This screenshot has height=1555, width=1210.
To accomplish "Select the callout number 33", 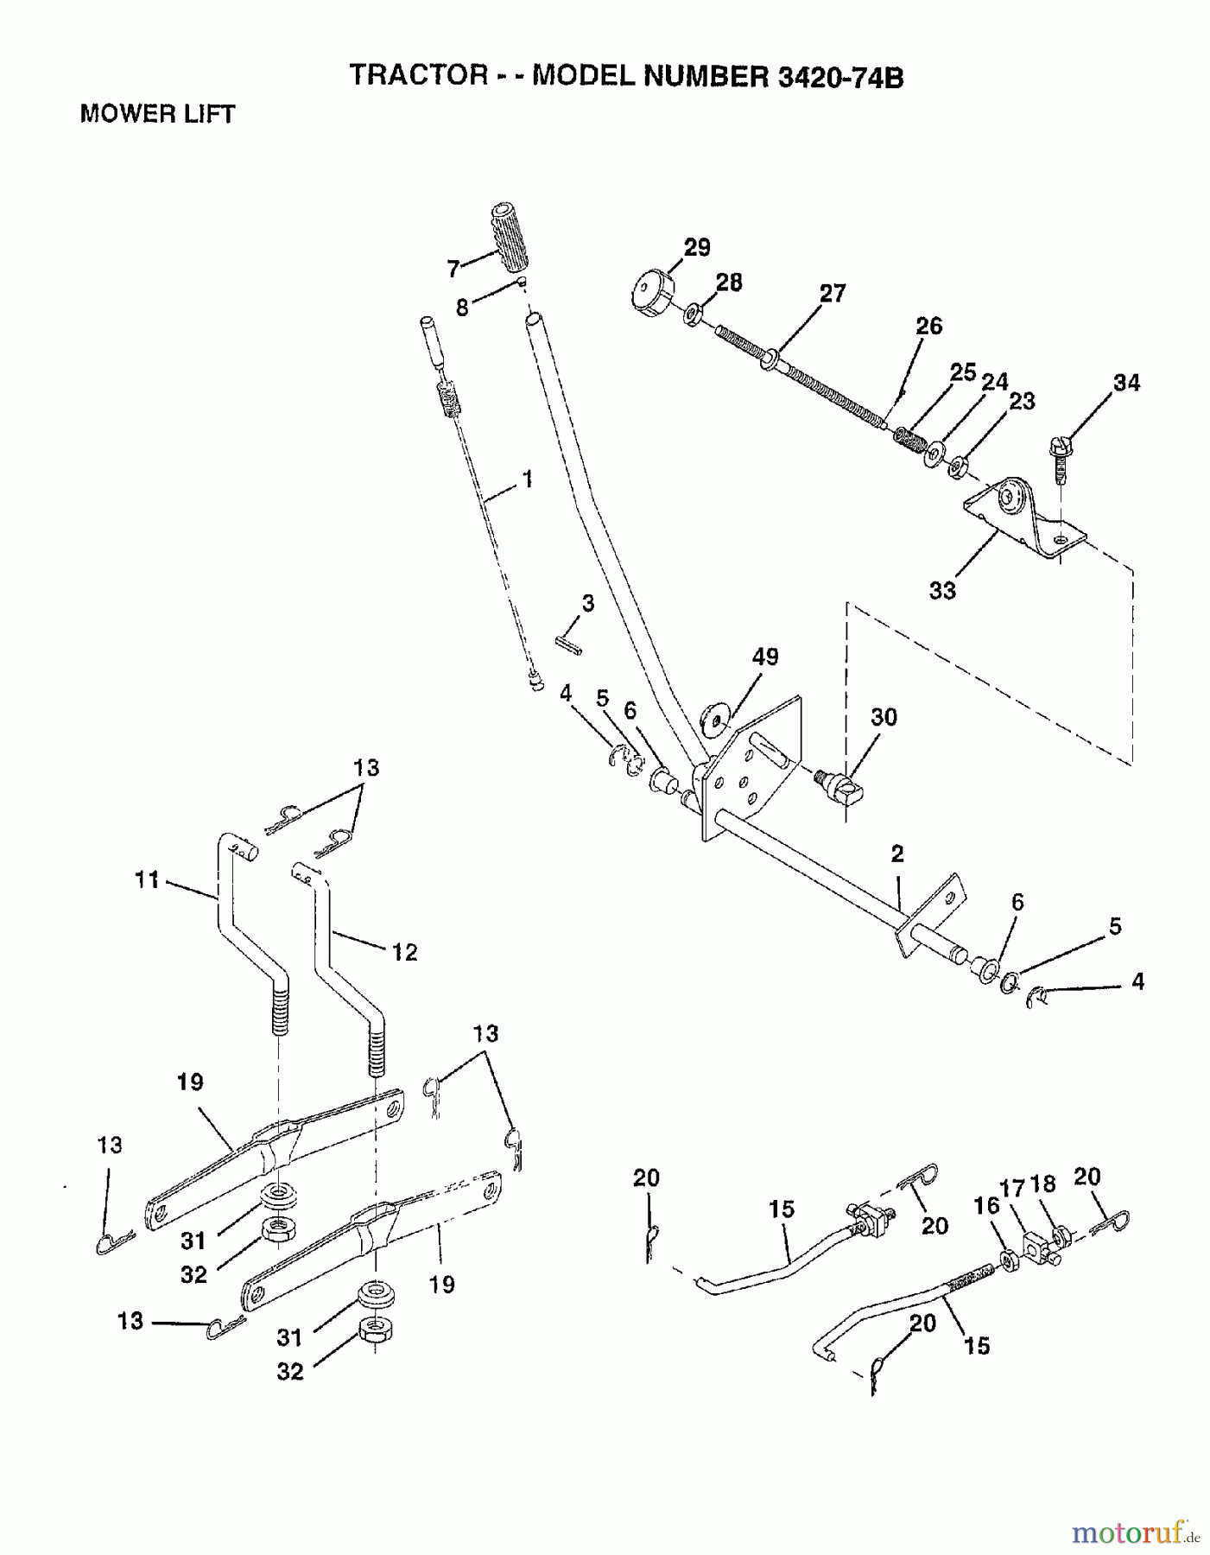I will tap(942, 590).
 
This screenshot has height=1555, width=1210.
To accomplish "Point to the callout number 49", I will tap(765, 657).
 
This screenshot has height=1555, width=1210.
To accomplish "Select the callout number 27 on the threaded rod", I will tap(833, 293).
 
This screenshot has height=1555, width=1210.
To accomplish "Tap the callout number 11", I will tap(148, 880).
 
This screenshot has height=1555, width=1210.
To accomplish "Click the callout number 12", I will tap(404, 952).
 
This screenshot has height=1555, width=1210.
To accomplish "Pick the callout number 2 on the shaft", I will tap(897, 854).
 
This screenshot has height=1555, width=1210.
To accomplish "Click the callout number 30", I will tap(884, 717).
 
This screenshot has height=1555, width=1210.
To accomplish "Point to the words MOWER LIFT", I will tap(157, 114).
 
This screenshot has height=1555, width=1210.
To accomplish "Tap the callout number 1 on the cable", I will tap(527, 479).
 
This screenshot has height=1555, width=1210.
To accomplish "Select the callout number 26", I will tap(928, 326).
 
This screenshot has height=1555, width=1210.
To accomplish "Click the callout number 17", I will tap(1011, 1189).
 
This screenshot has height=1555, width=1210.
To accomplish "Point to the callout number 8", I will tap(463, 307).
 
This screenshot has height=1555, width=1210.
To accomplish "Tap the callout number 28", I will tap(729, 282).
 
